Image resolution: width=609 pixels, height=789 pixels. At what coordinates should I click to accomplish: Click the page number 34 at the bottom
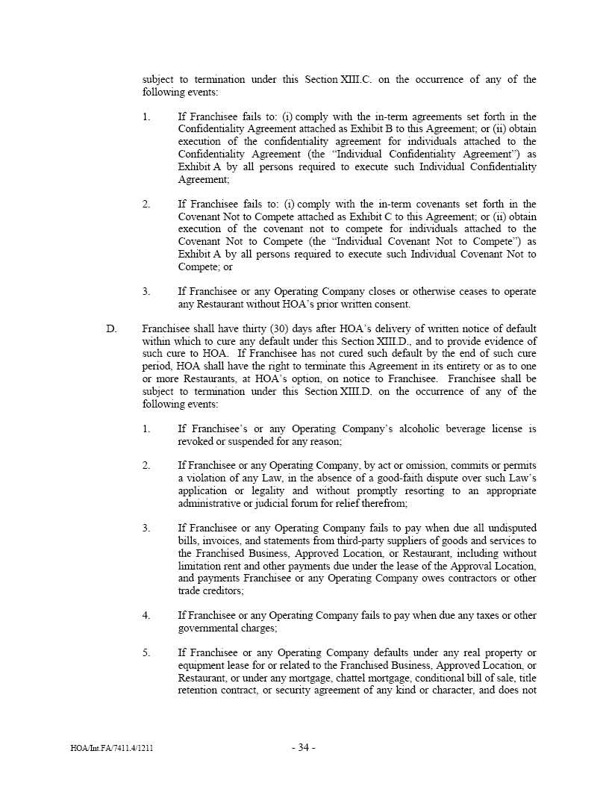[303, 748]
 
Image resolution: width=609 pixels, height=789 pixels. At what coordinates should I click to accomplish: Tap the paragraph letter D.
[111, 328]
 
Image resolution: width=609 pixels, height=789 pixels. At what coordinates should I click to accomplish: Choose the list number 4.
[146, 615]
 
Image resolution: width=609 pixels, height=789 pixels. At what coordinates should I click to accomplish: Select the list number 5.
[146, 652]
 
